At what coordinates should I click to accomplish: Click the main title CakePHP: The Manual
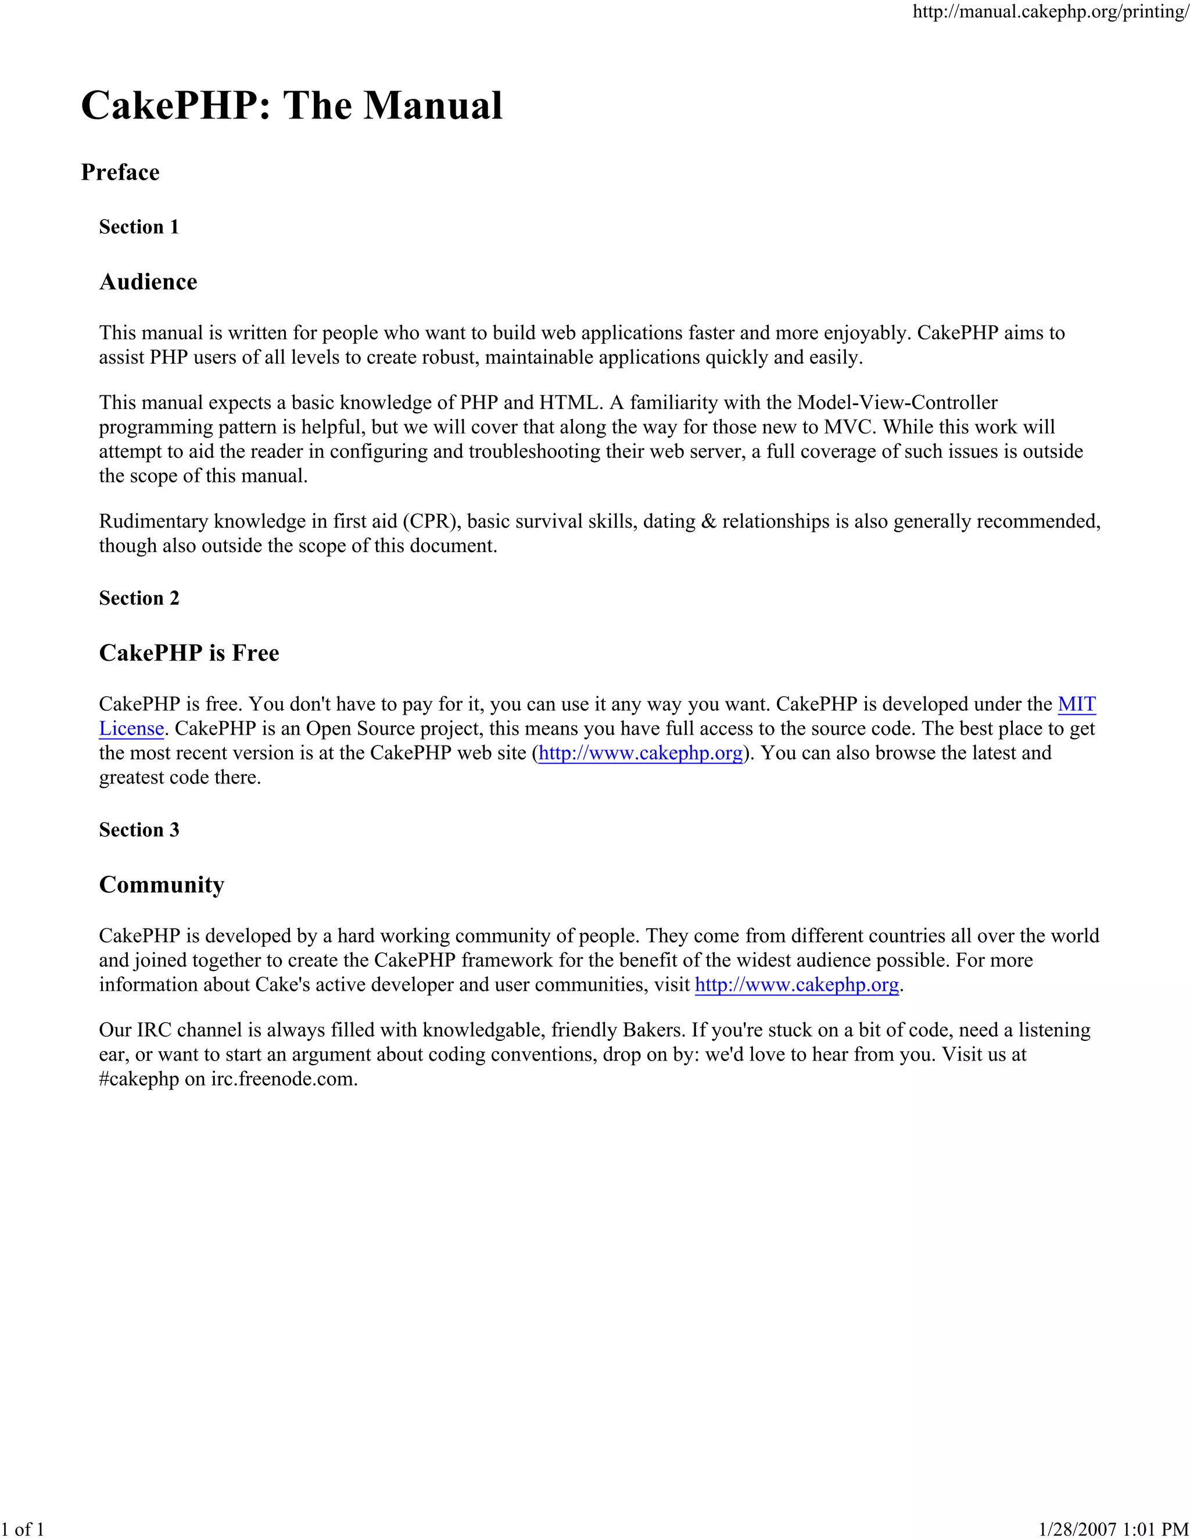[292, 106]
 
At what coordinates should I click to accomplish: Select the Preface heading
[120, 172]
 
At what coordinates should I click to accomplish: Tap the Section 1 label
[139, 227]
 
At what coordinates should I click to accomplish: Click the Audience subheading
[148, 282]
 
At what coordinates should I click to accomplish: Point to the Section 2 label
[139, 598]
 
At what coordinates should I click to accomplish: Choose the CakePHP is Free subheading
[189, 653]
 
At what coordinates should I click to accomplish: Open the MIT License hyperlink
[1077, 704]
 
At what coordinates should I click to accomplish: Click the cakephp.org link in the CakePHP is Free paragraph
[640, 753]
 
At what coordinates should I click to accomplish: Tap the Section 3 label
[139, 830]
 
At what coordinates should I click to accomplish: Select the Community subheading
[162, 885]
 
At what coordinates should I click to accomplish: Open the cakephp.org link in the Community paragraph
[797, 985]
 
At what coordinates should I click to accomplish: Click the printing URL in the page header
[1051, 12]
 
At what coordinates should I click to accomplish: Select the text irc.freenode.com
[284, 1080]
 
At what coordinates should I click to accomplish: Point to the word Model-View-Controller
[897, 403]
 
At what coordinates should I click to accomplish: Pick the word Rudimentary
[153, 522]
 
